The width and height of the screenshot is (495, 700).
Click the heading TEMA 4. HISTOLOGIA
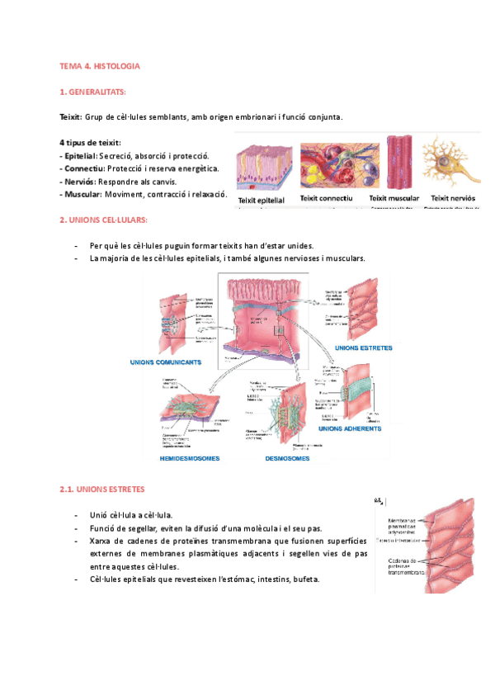(x=100, y=64)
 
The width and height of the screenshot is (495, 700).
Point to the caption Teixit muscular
(x=394, y=199)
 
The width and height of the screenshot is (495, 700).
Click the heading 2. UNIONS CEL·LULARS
(x=103, y=220)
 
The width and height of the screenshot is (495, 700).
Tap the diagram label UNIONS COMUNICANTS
(x=166, y=362)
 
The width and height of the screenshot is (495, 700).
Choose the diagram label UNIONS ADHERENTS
(x=350, y=429)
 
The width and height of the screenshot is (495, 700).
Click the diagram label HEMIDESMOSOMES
(x=190, y=458)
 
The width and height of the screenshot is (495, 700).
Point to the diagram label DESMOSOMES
(x=287, y=458)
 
